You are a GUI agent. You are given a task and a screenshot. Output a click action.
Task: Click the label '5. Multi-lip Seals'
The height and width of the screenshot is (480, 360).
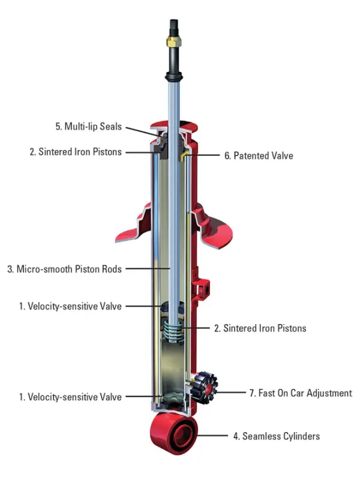coord(88,127)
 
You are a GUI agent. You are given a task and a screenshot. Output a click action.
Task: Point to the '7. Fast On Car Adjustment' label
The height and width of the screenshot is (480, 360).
coord(300,394)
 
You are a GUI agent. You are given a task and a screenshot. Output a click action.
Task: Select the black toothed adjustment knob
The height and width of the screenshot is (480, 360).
coord(205,388)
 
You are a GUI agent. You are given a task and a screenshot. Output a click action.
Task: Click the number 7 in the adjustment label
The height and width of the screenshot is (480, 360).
coord(251,394)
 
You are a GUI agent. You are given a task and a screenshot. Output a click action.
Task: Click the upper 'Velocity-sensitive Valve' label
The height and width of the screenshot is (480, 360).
coord(70,307)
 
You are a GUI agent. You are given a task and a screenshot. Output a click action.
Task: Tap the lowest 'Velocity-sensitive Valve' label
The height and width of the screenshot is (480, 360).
coord(70,397)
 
